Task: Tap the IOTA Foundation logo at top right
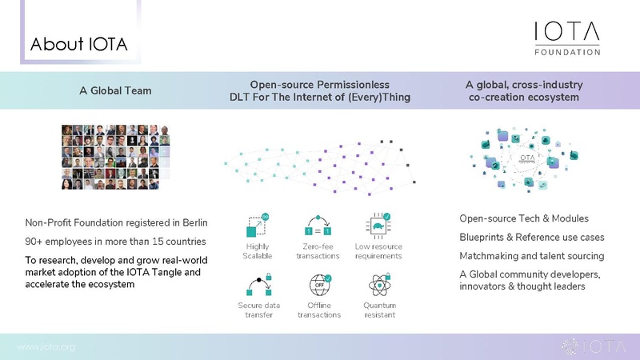[567, 38]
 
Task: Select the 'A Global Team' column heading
[115, 90]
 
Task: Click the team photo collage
[115, 157]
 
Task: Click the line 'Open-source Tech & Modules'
[524, 219]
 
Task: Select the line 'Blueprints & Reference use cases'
[531, 238]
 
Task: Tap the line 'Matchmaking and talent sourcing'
[531, 256]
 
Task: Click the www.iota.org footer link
[46, 346]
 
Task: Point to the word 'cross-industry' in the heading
[551, 83]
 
